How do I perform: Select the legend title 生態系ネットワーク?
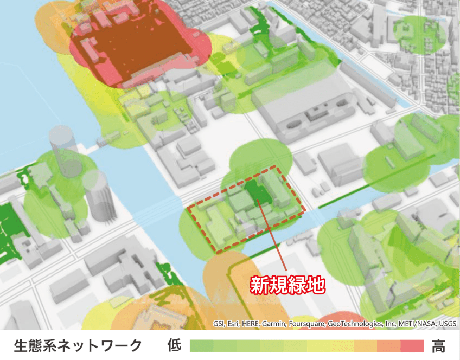pos(78,345)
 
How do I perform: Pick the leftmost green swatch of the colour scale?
pos(201,345)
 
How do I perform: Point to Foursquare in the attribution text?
pos(306,324)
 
